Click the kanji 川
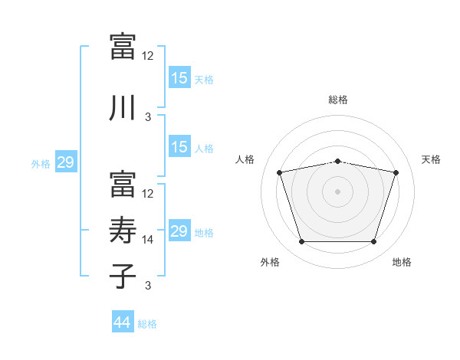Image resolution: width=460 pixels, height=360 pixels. coord(123,107)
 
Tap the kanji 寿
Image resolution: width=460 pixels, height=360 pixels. coord(123,230)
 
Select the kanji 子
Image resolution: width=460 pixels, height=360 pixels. coord(123,276)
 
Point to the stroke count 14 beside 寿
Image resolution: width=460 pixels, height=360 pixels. coord(147,240)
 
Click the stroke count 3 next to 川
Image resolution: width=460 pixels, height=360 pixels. coord(148,117)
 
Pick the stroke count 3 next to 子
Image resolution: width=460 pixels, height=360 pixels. coord(148,286)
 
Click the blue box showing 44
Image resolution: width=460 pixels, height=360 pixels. coord(123,321)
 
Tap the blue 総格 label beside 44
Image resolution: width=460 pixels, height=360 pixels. coord(147,324)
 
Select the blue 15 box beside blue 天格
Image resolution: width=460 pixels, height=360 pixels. coord(180,77)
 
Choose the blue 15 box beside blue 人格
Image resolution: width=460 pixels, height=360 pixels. coord(180,146)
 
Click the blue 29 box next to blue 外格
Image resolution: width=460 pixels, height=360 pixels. coord(66,162)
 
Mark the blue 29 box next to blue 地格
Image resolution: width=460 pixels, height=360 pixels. coord(180,230)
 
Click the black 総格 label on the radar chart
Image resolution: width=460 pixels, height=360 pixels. coord(338,100)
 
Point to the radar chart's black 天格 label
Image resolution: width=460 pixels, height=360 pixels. coord(431,159)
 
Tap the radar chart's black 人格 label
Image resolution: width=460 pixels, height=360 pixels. coord(245,159)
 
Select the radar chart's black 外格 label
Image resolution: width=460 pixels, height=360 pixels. coord(270,262)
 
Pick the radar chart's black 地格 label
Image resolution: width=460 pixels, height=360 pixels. coord(402,262)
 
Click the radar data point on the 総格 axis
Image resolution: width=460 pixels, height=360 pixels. coord(338,162)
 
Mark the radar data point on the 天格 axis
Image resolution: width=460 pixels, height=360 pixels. coord(396,172)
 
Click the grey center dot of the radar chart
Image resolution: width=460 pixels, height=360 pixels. coord(337,191)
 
